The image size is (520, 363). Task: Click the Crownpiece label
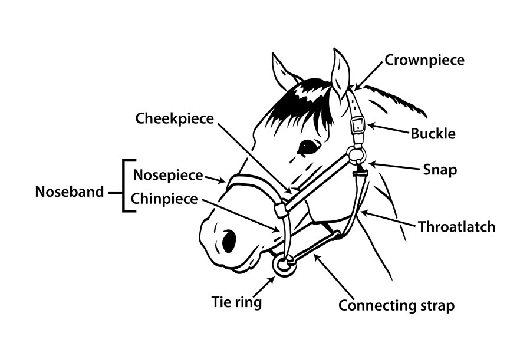coord(424,60)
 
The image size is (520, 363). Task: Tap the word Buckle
coord(433,134)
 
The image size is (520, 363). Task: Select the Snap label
coord(440,170)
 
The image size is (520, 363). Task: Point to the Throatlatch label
coord(456,226)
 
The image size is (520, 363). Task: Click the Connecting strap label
coord(396,306)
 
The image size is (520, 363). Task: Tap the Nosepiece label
coord(168,175)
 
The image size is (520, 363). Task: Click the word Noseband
coord(70,192)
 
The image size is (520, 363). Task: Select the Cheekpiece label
coord(175,118)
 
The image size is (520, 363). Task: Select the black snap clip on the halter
coord(358,173)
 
